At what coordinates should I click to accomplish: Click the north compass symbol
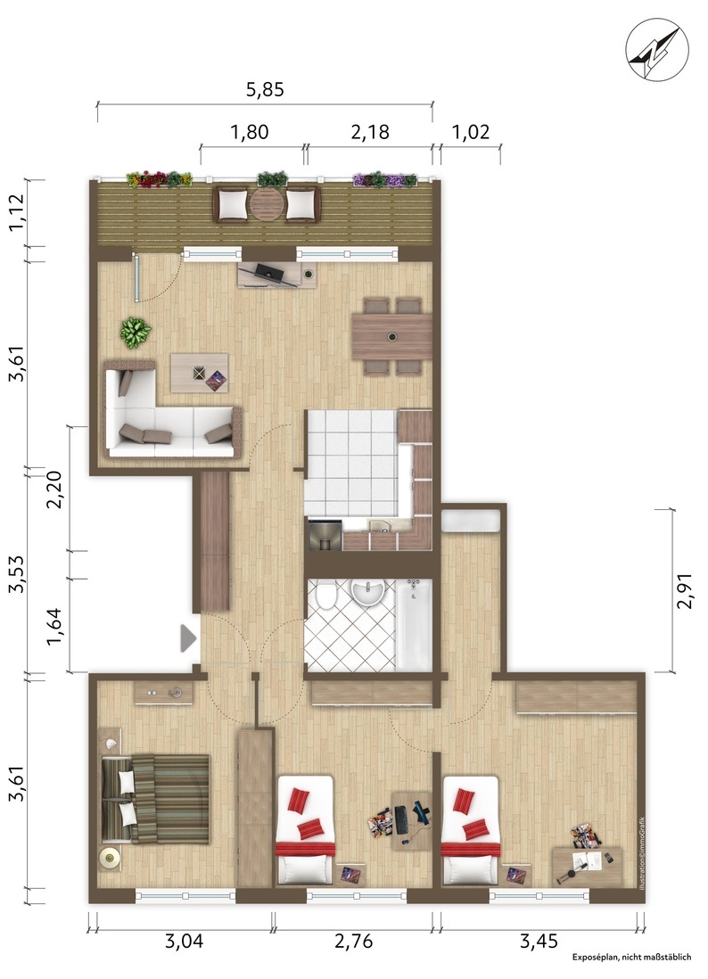point(657,48)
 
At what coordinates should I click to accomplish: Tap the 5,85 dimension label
point(265,90)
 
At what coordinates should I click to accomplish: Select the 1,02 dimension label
point(470,132)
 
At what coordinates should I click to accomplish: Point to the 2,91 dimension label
point(685,591)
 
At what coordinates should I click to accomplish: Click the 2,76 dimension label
point(353,941)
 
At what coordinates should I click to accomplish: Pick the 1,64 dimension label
point(55,627)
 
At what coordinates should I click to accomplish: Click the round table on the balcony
point(268,205)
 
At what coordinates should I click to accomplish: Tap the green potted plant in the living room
point(136,332)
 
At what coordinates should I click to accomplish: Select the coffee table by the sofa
point(199,373)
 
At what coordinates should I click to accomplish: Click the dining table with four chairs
point(392,337)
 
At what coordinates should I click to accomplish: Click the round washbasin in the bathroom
point(367,593)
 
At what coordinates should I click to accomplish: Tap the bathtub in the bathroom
point(414,624)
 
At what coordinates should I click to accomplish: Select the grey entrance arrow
point(188,638)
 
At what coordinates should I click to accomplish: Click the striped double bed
point(155,800)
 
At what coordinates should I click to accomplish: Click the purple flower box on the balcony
point(384,180)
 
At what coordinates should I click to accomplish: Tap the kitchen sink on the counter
point(378,526)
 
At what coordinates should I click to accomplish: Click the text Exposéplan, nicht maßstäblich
point(632,957)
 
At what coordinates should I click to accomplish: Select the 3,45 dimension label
point(539,941)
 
